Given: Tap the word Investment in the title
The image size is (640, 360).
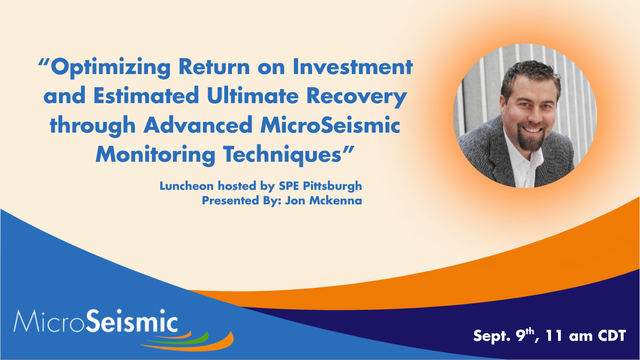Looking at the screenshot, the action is tap(353, 67).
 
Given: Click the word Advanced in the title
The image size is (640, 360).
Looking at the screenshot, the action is tap(198, 125).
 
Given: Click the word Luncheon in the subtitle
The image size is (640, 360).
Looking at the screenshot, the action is tap(186, 186).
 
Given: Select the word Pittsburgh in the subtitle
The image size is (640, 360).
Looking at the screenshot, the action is tap(332, 187).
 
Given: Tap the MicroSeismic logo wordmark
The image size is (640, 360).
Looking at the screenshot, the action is tap(96, 321).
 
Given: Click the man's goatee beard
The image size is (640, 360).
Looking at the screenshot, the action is tap(531, 140).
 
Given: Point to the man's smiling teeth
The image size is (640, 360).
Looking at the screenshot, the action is tap(533, 129).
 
